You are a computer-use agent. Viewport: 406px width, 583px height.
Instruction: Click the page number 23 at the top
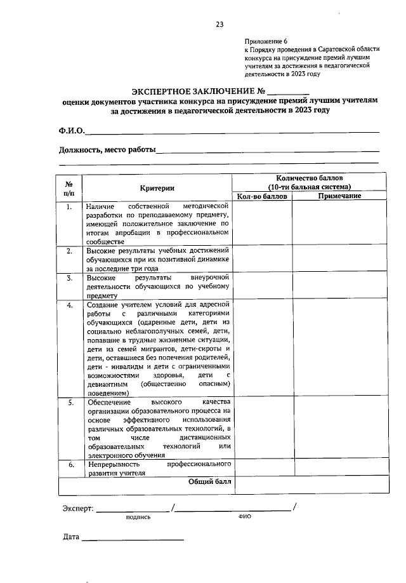(x=219, y=24)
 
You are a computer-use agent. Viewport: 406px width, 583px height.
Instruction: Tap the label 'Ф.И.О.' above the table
(x=71, y=131)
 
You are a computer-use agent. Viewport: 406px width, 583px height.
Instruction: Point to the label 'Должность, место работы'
(x=107, y=150)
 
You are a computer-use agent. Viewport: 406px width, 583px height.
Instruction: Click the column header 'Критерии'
(x=157, y=187)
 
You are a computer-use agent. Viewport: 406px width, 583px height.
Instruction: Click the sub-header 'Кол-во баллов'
(x=262, y=196)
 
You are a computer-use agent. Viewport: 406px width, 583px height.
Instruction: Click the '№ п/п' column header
(x=70, y=187)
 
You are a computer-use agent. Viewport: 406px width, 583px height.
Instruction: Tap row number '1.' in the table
(x=70, y=206)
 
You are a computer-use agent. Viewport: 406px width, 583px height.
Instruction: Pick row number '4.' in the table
(x=70, y=305)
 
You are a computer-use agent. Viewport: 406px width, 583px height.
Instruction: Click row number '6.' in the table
(x=70, y=465)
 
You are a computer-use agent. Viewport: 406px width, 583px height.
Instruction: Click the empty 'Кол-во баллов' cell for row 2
(x=262, y=259)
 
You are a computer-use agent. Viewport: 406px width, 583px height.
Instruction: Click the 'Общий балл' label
(x=210, y=482)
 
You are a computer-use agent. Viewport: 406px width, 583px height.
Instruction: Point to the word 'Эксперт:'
(x=78, y=509)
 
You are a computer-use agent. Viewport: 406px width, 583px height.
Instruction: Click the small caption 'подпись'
(x=138, y=517)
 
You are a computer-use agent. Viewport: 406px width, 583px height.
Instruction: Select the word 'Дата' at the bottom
(x=71, y=537)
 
